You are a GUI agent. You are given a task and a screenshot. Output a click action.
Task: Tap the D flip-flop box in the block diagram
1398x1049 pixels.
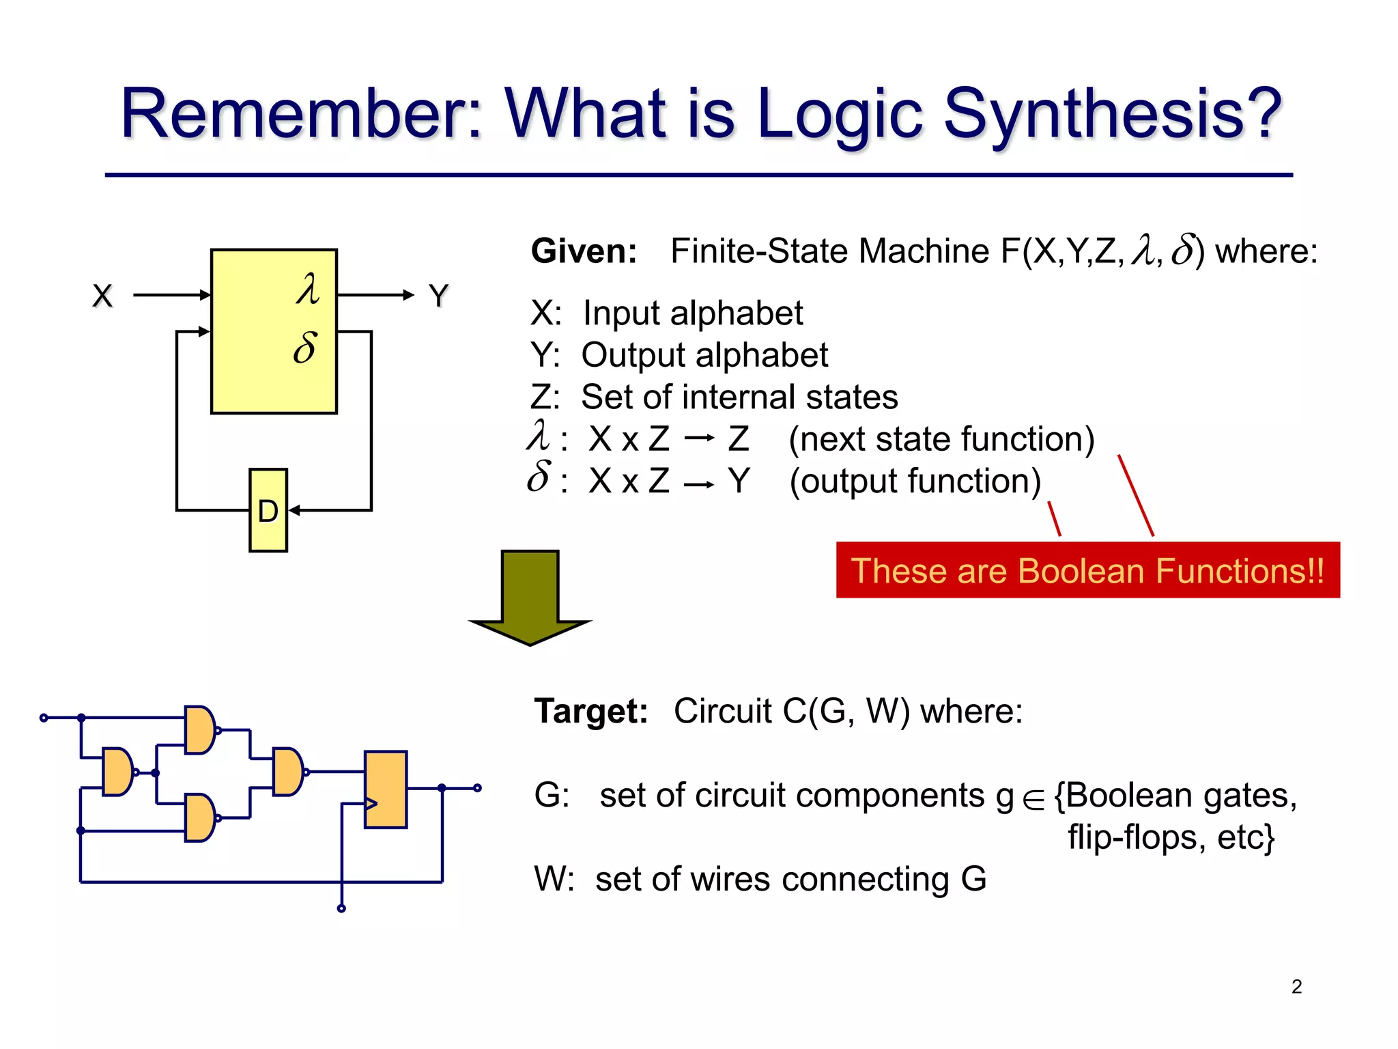tap(268, 510)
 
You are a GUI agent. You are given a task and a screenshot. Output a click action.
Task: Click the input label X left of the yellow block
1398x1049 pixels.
tap(102, 296)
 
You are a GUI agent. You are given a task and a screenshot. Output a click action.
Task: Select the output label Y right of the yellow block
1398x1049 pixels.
tap(438, 296)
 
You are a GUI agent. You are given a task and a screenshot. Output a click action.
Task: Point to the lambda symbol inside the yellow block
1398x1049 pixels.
tap(309, 290)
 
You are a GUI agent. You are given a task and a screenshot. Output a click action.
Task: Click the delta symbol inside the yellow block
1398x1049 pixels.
tap(305, 347)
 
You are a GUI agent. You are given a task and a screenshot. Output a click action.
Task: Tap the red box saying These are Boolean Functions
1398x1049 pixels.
tap(1087, 570)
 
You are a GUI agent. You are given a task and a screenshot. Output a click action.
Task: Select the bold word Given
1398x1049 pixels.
tap(584, 251)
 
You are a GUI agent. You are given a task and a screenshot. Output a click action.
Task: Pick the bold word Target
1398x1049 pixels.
tap(591, 711)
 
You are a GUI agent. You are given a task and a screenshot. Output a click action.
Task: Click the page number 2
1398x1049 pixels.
tap(1296, 987)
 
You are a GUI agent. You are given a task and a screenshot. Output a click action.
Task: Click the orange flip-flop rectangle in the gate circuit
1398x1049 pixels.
tap(386, 789)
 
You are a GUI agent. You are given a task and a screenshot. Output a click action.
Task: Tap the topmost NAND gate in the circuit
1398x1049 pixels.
tap(200, 730)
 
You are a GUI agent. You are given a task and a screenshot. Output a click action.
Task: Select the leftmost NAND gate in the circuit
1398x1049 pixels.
tap(117, 772)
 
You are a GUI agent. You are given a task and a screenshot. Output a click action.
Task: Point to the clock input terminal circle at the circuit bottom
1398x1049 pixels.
tap(341, 908)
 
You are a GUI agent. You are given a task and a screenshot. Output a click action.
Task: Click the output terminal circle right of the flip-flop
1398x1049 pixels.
tap(477, 788)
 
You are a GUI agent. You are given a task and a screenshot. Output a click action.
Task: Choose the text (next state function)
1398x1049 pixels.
tap(941, 439)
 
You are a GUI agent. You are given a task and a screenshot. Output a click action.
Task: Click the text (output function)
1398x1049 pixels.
tap(915, 481)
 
